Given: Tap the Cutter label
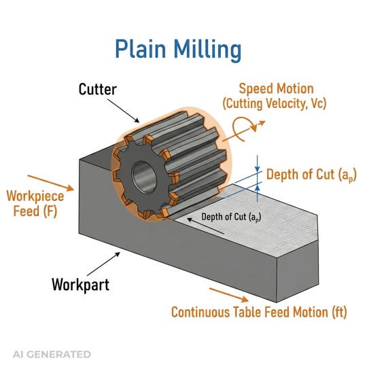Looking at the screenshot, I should point(99,89).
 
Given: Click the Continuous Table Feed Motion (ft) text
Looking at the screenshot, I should point(259,313).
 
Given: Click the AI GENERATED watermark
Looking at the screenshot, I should point(52,354).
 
